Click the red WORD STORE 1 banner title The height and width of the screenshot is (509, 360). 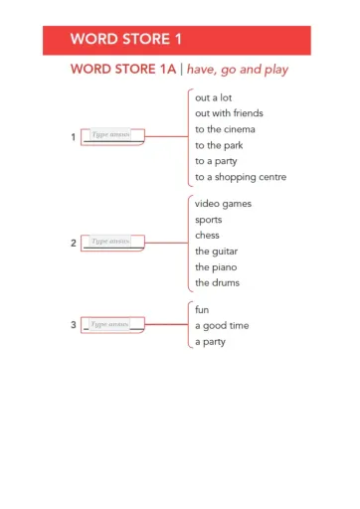coord(125,40)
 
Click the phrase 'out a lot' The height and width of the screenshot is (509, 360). coord(214,97)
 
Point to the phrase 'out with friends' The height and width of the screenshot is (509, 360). coord(229,113)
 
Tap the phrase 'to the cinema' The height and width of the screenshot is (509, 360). coord(225,129)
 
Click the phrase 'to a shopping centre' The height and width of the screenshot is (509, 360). coord(241,177)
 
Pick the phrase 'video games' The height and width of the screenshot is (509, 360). coord(223,204)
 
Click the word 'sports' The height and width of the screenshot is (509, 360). coord(209,220)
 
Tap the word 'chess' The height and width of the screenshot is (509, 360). coord(207,236)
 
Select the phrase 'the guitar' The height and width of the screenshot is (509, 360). coord(216,252)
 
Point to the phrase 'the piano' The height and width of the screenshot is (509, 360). coord(216,267)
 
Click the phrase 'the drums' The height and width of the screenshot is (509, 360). coord(217,283)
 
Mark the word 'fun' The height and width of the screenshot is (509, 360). coord(202,310)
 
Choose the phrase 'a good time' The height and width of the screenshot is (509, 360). coord(222,326)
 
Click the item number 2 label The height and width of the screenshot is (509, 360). coord(74,243)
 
